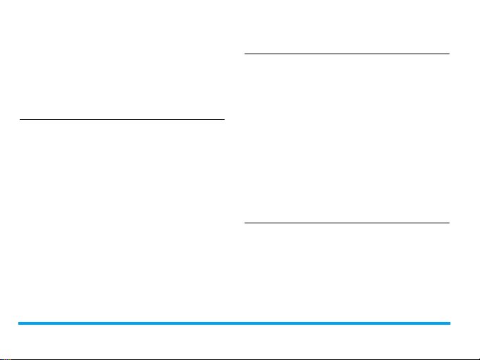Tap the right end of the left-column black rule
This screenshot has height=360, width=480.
tap(223, 120)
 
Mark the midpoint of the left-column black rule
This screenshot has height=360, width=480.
tap(122, 120)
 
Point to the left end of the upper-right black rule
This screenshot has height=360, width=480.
tap(245, 54)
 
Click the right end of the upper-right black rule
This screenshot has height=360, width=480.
tap(448, 54)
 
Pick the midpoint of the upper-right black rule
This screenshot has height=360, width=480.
tap(347, 54)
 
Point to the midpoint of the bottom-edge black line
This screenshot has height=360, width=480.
tap(240, 358)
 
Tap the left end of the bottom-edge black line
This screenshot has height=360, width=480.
tap(1, 358)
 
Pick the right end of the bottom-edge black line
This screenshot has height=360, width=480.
tap(479, 358)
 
